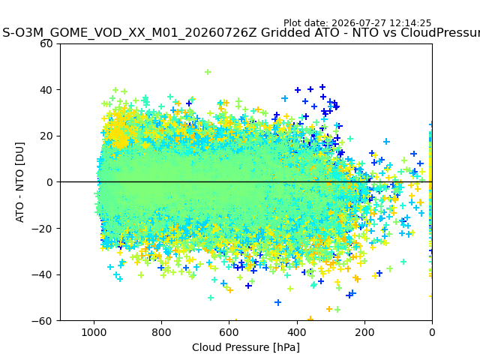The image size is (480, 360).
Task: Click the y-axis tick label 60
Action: point(46,43)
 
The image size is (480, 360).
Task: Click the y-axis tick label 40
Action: point(46,90)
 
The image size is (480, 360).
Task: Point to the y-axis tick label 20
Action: point(46,136)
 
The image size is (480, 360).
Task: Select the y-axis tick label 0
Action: point(49,182)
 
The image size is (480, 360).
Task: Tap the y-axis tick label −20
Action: point(42,229)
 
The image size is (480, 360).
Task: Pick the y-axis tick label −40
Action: point(42,275)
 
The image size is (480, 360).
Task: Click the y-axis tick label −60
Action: point(42,321)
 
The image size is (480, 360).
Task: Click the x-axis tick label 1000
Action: point(94,332)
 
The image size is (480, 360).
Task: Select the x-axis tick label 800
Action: point(162,332)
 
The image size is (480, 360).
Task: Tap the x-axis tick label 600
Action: point(229,332)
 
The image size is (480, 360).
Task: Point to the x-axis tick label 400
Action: point(297,332)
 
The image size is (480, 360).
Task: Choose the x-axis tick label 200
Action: point(364,332)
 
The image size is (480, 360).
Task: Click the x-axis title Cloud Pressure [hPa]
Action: point(246,347)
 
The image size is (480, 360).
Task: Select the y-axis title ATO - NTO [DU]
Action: point(19,182)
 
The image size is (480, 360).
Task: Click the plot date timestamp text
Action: point(357,23)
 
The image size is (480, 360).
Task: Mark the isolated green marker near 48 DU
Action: point(208,72)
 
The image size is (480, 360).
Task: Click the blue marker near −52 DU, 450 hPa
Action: point(278,302)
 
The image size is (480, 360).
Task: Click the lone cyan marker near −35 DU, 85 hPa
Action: point(403,262)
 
